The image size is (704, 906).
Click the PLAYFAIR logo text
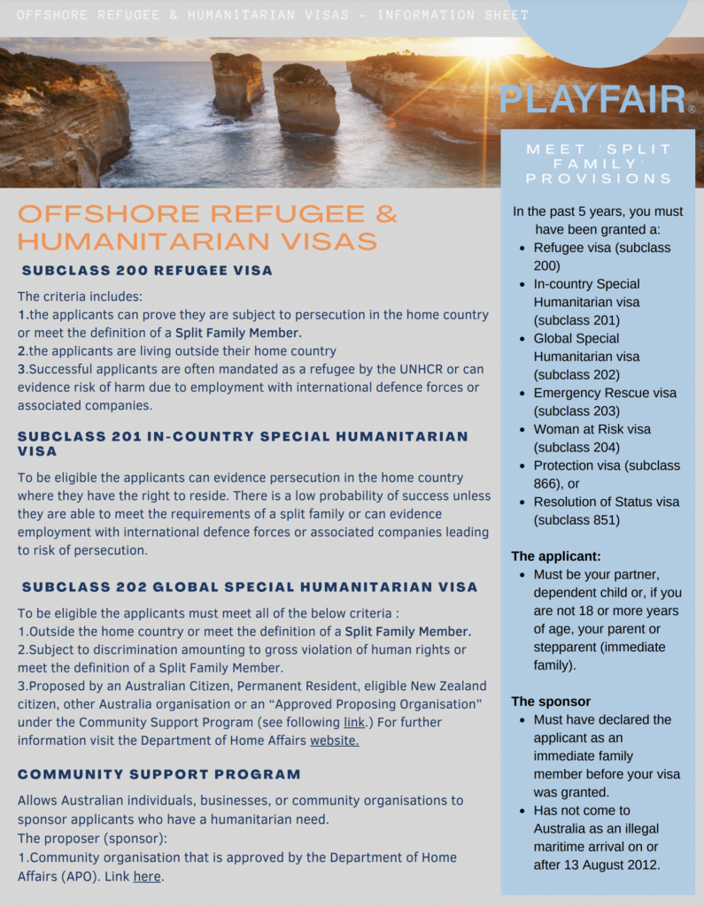(x=592, y=100)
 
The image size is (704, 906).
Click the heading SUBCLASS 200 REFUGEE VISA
(x=147, y=271)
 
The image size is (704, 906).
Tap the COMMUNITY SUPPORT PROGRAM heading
(x=159, y=774)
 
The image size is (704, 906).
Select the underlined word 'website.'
(x=335, y=741)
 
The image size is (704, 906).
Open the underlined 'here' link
(x=147, y=876)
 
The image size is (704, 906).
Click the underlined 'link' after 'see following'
(x=353, y=722)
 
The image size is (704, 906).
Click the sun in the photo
(x=486, y=46)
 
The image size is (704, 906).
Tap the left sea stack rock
(x=236, y=84)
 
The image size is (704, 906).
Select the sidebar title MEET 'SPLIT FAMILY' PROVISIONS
(x=599, y=164)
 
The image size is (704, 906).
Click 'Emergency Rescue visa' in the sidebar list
(x=605, y=393)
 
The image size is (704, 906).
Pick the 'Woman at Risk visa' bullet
(x=592, y=429)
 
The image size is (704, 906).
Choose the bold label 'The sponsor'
(x=551, y=702)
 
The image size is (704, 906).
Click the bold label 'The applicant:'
(x=556, y=557)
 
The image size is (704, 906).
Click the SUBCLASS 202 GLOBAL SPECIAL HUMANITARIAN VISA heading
(x=250, y=587)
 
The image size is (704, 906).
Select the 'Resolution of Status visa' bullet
(x=607, y=502)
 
